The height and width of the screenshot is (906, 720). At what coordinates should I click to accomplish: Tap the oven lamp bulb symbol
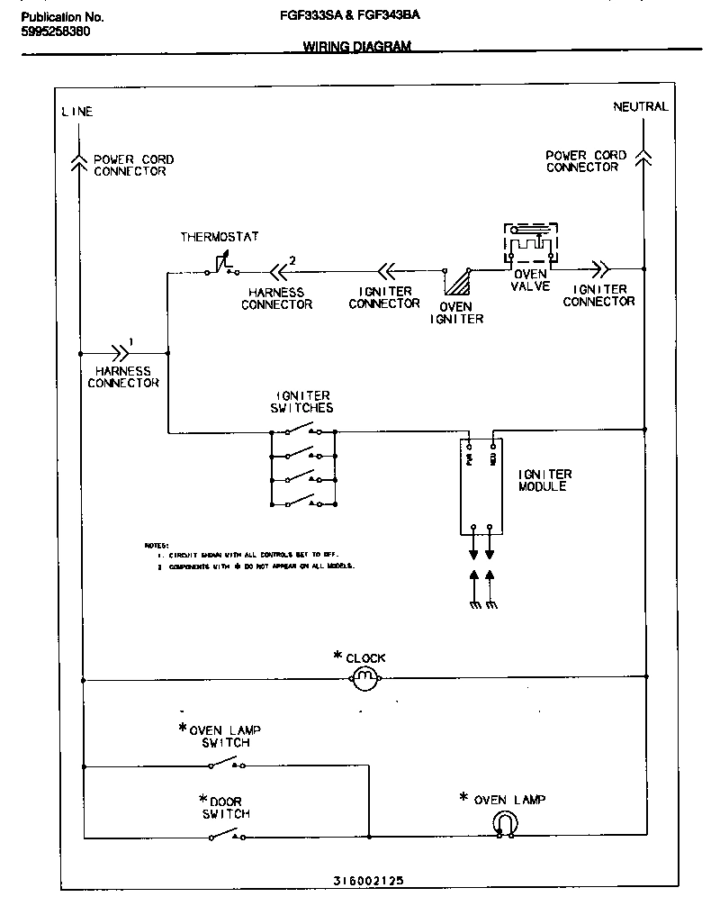(504, 823)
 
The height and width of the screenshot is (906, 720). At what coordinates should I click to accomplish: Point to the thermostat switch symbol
(220, 266)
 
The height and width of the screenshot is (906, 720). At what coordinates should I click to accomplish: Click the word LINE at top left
(76, 112)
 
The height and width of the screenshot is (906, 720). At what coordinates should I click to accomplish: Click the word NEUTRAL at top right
(641, 106)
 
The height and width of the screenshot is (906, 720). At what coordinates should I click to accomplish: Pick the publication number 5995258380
(55, 32)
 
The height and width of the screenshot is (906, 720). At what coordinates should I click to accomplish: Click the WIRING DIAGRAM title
(356, 47)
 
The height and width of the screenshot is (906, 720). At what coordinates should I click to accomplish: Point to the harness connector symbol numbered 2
(279, 267)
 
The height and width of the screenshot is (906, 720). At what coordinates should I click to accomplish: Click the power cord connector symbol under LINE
(81, 161)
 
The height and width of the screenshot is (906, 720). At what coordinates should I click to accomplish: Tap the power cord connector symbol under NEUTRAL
(643, 159)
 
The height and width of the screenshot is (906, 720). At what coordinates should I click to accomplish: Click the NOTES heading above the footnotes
(157, 545)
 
